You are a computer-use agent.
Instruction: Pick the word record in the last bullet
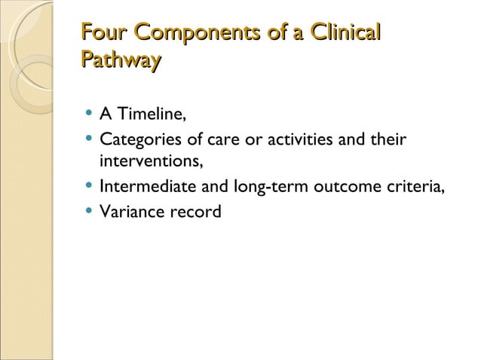pyautogui.click(x=195, y=212)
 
